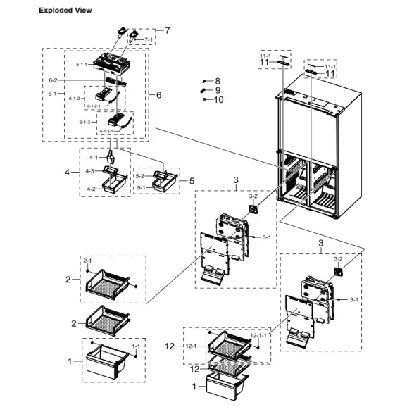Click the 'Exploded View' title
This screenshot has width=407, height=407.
[x=65, y=11]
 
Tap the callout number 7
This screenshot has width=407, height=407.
[x=168, y=30]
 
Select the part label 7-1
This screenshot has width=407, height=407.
[x=149, y=40]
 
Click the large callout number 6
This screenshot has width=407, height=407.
[x=158, y=95]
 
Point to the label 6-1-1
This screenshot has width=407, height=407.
[x=82, y=64]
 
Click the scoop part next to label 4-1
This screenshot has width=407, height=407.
[x=111, y=156]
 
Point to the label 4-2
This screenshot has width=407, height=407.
[x=90, y=188]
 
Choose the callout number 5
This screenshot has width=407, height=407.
[x=192, y=181]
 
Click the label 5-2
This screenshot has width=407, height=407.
[x=139, y=176]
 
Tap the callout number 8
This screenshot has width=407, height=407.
[x=218, y=81]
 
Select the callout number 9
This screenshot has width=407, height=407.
[x=218, y=90]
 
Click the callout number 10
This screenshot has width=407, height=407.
[x=218, y=100]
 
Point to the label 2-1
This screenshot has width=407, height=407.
[x=88, y=261]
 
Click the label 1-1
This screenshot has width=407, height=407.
[x=135, y=346]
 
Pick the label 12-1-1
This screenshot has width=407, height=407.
[x=258, y=336]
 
